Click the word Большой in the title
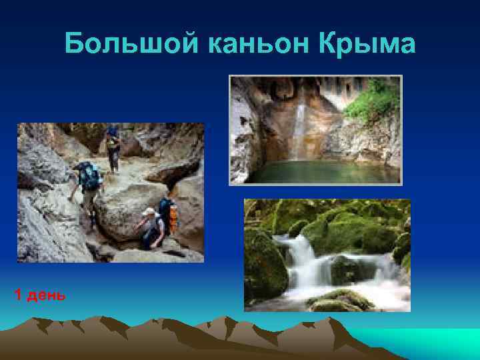pos(133,45)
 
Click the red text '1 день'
pos(40,295)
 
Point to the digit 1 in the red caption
pos(18,295)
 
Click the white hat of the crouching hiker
pos(149,212)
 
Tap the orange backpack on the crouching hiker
pos(173,219)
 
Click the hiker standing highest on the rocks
pos(113,148)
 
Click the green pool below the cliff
pos(313,172)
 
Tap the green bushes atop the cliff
pos(373,100)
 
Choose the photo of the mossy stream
pos(327,255)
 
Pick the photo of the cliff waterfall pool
pos(315,129)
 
